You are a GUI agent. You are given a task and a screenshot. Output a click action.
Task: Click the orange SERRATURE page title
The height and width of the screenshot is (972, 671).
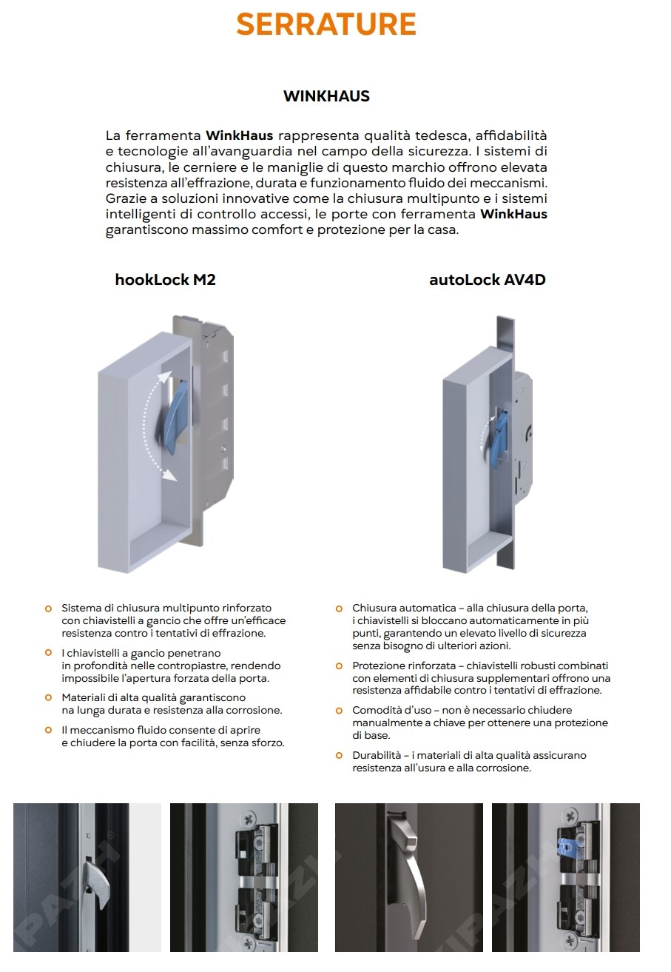[x=326, y=24]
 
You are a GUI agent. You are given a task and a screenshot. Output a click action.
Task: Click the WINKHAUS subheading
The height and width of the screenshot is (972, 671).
[x=326, y=96]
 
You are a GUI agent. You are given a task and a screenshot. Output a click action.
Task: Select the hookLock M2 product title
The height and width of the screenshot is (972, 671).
[x=165, y=280]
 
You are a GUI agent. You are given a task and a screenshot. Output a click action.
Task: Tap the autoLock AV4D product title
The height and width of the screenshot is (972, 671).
[x=487, y=280]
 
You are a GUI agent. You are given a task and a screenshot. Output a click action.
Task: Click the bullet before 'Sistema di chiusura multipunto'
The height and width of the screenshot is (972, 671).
[x=48, y=609]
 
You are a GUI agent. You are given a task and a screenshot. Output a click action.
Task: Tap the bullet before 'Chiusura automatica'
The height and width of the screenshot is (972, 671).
[x=339, y=609]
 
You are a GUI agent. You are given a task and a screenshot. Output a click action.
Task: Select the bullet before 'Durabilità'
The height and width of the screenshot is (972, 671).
[x=339, y=756]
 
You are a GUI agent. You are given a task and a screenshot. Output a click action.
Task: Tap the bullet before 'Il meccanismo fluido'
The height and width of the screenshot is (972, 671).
[x=48, y=730]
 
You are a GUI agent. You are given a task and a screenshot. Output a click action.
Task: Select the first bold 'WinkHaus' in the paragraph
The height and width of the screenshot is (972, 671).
[x=240, y=135]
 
